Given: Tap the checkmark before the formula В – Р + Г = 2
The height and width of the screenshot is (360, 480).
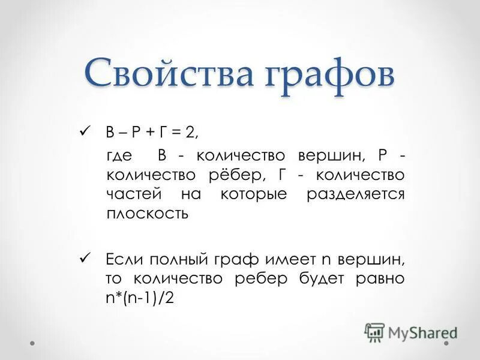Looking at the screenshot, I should click(85, 130).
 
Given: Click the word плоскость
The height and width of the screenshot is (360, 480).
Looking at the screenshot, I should click(148, 214).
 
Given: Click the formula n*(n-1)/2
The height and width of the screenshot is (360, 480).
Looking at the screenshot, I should click(140, 298).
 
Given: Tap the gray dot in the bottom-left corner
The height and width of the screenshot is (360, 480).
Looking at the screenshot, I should click(33, 344).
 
